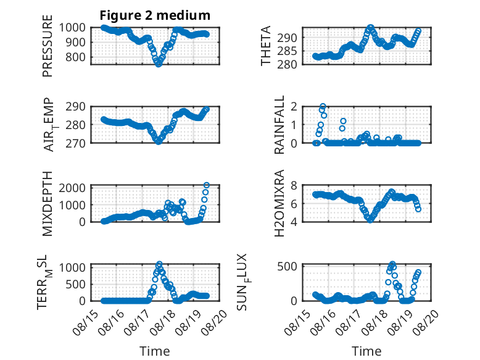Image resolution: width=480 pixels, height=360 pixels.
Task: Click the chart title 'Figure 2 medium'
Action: (155, 15)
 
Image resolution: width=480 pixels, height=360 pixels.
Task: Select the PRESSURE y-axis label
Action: (48, 46)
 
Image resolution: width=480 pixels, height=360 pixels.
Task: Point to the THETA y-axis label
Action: (266, 46)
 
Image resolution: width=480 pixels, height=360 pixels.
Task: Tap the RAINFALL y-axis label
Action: (279, 125)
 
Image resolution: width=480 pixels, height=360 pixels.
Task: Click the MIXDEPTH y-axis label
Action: (48, 204)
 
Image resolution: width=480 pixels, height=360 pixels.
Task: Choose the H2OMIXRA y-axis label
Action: (279, 203)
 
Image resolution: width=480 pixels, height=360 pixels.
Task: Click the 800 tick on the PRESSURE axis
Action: (75, 57)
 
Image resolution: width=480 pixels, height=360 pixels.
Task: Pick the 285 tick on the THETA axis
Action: (287, 51)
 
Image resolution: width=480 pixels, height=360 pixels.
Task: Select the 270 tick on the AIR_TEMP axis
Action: (75, 143)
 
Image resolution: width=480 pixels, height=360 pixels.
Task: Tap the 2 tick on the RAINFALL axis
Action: (294, 107)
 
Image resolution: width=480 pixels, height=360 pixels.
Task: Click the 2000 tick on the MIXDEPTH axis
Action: (72, 188)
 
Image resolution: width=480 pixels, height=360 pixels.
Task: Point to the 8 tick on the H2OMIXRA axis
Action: (294, 185)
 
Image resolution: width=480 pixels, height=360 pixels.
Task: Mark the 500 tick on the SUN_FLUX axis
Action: (287, 266)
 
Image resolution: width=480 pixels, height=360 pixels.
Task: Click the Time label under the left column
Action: (155, 351)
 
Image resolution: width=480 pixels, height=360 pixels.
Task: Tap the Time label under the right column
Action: (366, 351)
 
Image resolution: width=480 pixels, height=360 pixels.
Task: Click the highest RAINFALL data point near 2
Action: (323, 107)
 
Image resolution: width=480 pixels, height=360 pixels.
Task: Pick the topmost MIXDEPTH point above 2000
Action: (207, 185)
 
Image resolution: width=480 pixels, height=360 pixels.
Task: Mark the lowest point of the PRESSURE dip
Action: (159, 64)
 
